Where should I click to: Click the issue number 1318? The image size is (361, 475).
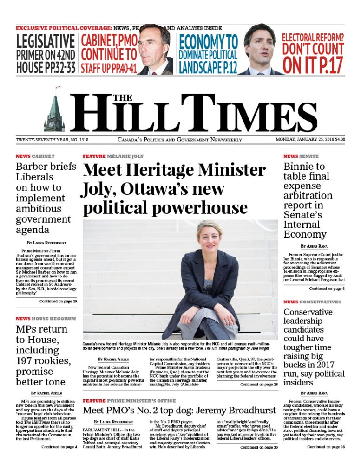click(82, 139)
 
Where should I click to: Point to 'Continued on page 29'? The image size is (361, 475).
click(58, 301)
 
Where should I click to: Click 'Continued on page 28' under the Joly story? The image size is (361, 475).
click(259, 384)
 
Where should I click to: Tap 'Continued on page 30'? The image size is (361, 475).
click(259, 447)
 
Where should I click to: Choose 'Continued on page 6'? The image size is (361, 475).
click(327, 289)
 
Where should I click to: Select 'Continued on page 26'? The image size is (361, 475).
click(326, 447)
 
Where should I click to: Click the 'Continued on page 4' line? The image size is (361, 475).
click(59, 447)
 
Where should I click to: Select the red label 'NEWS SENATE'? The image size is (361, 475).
click(301, 156)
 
